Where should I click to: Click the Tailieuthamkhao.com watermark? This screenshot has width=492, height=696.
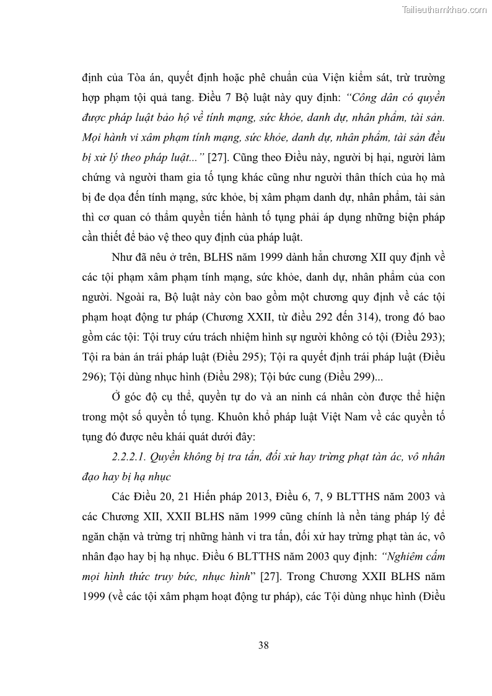pyautogui.click(x=444, y=9)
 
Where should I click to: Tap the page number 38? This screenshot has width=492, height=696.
pyautogui.click(x=263, y=645)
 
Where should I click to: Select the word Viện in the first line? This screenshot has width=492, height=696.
pyautogui.click(x=334, y=79)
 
